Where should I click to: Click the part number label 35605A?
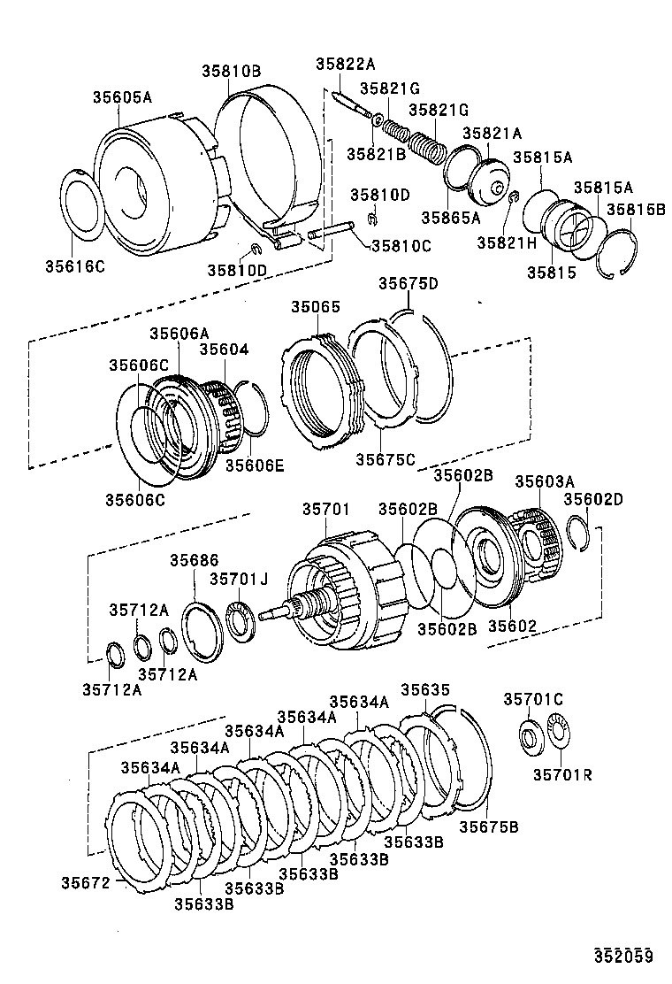[x=122, y=97]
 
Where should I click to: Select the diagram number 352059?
[x=622, y=955]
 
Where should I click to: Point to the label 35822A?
[x=346, y=63]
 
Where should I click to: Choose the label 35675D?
[x=409, y=283]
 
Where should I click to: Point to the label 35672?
[x=85, y=881]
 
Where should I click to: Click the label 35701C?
[x=533, y=699]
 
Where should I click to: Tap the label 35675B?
[x=488, y=826]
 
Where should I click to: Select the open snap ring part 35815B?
[x=619, y=257]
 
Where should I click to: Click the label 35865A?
[x=450, y=217]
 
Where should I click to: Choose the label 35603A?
[x=544, y=480]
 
